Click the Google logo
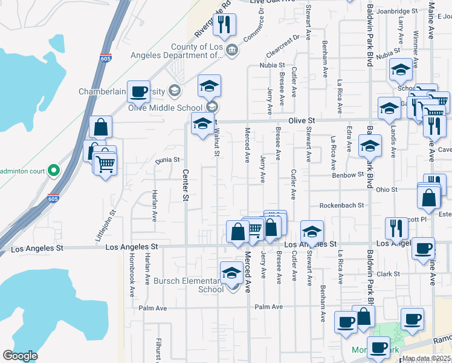click(x=20, y=356)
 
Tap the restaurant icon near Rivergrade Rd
click(x=224, y=25)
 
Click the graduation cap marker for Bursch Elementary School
click(x=231, y=273)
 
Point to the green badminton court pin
click(x=54, y=170)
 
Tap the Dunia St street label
click(x=169, y=160)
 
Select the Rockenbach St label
click(x=341, y=205)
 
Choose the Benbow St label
click(x=346, y=174)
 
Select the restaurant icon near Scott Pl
click(x=396, y=229)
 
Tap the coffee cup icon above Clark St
click(x=423, y=248)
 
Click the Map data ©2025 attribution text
click(x=426, y=359)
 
